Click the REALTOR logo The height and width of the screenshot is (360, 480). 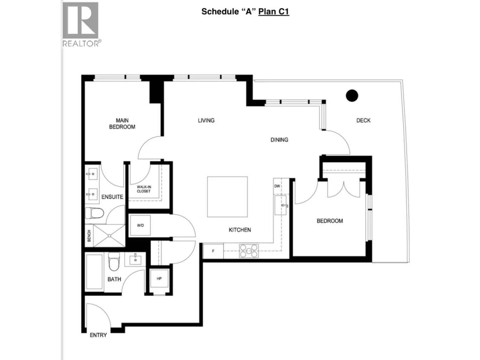pyautogui.click(x=81, y=23)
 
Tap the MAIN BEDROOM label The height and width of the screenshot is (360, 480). pyautogui.click(x=122, y=124)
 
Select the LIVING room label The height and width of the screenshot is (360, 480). pyautogui.click(x=206, y=120)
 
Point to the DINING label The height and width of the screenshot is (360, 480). pyautogui.click(x=279, y=139)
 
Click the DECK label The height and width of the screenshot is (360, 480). pyautogui.click(x=364, y=120)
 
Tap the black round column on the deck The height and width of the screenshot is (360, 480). pyautogui.click(x=352, y=96)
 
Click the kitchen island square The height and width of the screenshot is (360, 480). pyautogui.click(x=227, y=197)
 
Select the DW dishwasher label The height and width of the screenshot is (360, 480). pyautogui.click(x=277, y=186)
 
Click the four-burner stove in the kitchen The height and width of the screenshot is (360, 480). pyautogui.click(x=249, y=251)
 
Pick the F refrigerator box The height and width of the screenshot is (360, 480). pyautogui.click(x=213, y=251)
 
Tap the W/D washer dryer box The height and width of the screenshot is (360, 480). pyautogui.click(x=140, y=225)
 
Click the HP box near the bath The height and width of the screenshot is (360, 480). pyautogui.click(x=159, y=279)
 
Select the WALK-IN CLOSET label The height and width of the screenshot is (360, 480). pyautogui.click(x=144, y=189)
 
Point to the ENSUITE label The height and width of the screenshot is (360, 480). pyautogui.click(x=113, y=197)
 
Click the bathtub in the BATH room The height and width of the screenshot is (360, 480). pyautogui.click(x=94, y=271)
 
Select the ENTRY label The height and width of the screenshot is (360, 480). pyautogui.click(x=98, y=335)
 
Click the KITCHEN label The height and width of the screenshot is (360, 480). pyautogui.click(x=240, y=230)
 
